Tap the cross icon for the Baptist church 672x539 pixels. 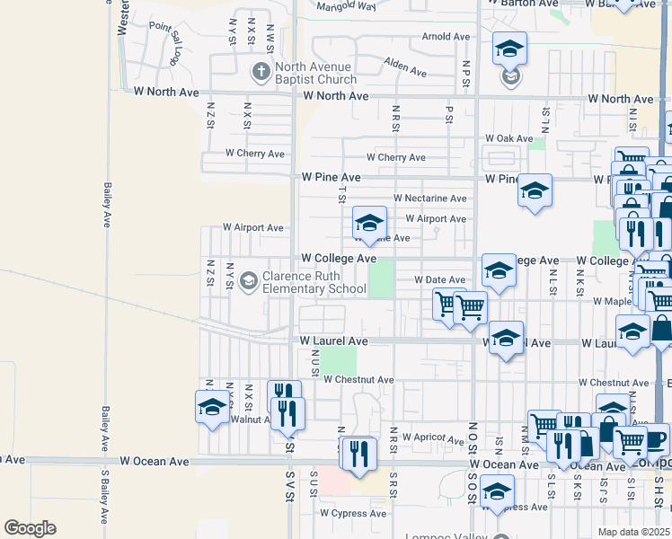(261, 70)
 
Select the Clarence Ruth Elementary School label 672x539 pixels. (314, 282)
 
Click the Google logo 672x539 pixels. (30, 528)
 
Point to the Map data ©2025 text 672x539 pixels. (633, 532)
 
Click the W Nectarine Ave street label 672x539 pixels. (430, 199)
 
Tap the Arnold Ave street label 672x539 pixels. (447, 38)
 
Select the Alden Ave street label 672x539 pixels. (404, 66)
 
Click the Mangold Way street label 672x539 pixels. (347, 6)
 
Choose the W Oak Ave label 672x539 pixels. (509, 138)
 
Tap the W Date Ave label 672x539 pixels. (439, 280)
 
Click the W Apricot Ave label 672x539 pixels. (433, 437)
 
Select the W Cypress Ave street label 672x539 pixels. (353, 514)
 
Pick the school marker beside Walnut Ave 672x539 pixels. (212, 406)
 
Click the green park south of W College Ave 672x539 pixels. (382, 278)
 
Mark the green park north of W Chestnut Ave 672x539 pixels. (340, 360)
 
